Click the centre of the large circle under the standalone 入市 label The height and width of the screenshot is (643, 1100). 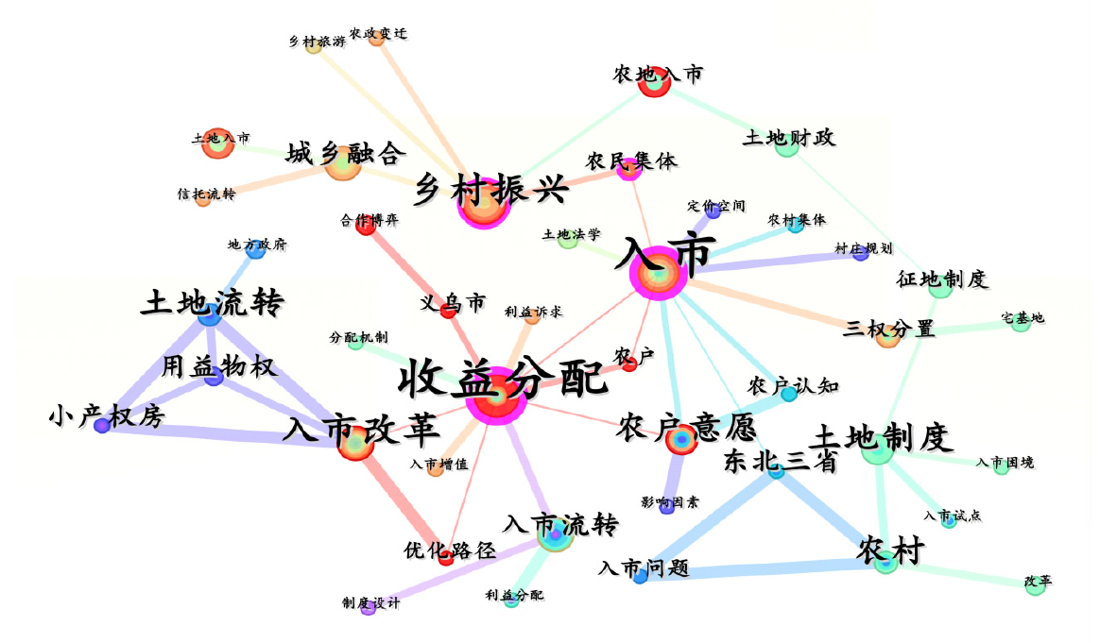point(659,274)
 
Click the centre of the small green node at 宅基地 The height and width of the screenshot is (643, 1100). point(1021,323)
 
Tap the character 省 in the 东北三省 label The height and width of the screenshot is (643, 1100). point(825,462)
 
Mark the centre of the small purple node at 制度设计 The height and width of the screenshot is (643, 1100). point(369,609)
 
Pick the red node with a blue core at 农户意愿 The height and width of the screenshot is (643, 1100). point(680,439)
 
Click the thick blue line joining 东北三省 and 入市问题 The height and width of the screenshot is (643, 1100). point(709,523)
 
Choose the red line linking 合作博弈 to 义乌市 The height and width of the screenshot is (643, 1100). point(407,267)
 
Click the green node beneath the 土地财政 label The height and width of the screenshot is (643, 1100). point(786,145)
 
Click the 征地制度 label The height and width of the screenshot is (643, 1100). point(941,279)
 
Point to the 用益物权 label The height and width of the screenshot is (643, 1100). point(219,366)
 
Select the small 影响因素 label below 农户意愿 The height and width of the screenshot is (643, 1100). point(670,502)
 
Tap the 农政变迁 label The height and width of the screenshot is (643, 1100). point(378,33)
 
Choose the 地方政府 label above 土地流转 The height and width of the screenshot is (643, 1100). point(257,244)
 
